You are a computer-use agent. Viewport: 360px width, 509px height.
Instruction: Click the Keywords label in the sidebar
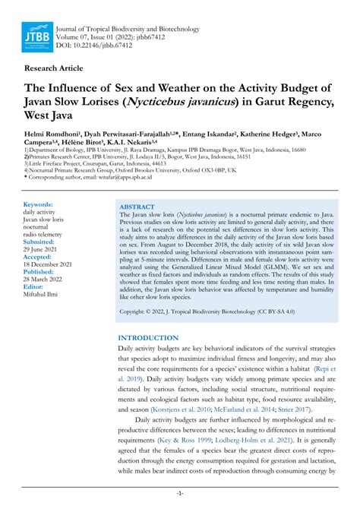point(38,205)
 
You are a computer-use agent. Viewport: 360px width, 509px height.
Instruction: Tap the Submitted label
point(43,243)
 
